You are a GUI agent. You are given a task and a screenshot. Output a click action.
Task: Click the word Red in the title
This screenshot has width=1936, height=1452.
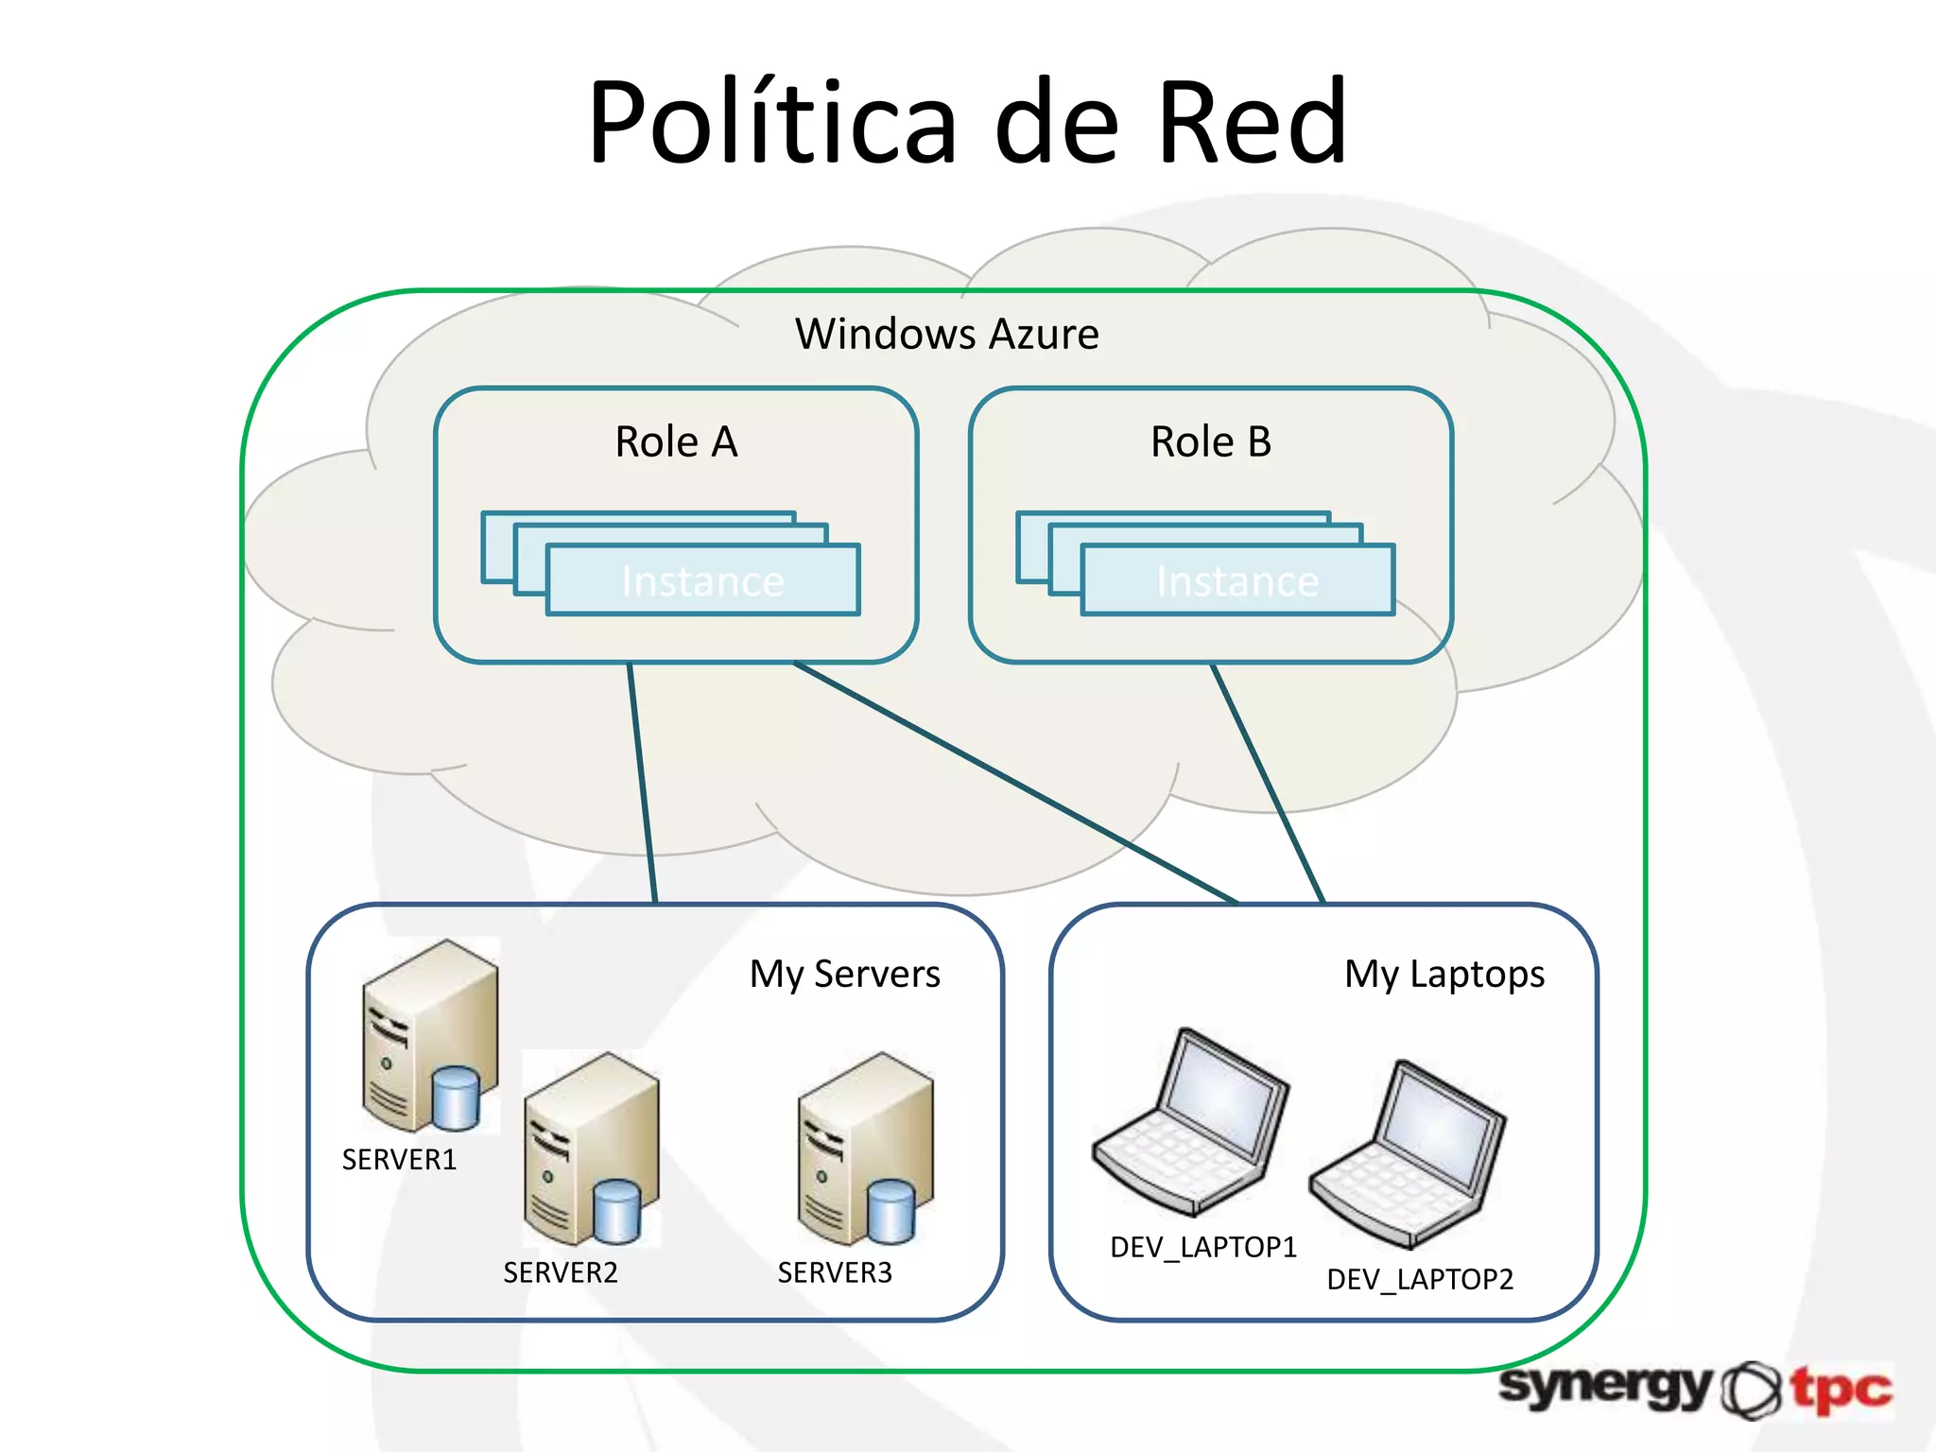(x=1252, y=123)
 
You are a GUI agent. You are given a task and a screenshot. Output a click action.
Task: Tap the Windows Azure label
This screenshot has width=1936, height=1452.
(x=947, y=334)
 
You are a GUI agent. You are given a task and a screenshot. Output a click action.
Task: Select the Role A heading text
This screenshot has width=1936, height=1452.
(x=676, y=441)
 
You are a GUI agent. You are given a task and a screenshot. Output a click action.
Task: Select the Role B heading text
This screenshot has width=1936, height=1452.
(x=1211, y=441)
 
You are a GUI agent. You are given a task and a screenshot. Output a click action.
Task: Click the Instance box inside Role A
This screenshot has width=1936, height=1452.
(x=702, y=580)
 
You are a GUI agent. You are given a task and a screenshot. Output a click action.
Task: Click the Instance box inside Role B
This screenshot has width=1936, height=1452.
(x=1237, y=580)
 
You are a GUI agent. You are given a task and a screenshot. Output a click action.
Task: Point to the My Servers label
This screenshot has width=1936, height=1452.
(x=844, y=974)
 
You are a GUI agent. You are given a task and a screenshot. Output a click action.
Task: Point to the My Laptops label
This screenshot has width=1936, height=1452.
(x=1444, y=974)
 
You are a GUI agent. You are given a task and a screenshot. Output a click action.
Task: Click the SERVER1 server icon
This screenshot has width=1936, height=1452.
(x=430, y=1035)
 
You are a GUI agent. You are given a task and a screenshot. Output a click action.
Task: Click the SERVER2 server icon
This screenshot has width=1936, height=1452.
(x=591, y=1149)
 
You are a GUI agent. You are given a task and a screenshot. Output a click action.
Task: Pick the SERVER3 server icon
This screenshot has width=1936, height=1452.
(x=865, y=1149)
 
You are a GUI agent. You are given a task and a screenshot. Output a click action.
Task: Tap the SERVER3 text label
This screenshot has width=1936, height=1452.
(x=835, y=1272)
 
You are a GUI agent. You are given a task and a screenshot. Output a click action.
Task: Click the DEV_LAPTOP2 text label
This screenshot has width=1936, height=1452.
(x=1420, y=1279)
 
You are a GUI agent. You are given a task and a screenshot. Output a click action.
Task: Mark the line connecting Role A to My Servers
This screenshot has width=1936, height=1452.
(x=643, y=785)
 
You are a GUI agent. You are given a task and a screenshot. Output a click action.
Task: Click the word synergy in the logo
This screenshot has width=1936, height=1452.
(x=1605, y=1387)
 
